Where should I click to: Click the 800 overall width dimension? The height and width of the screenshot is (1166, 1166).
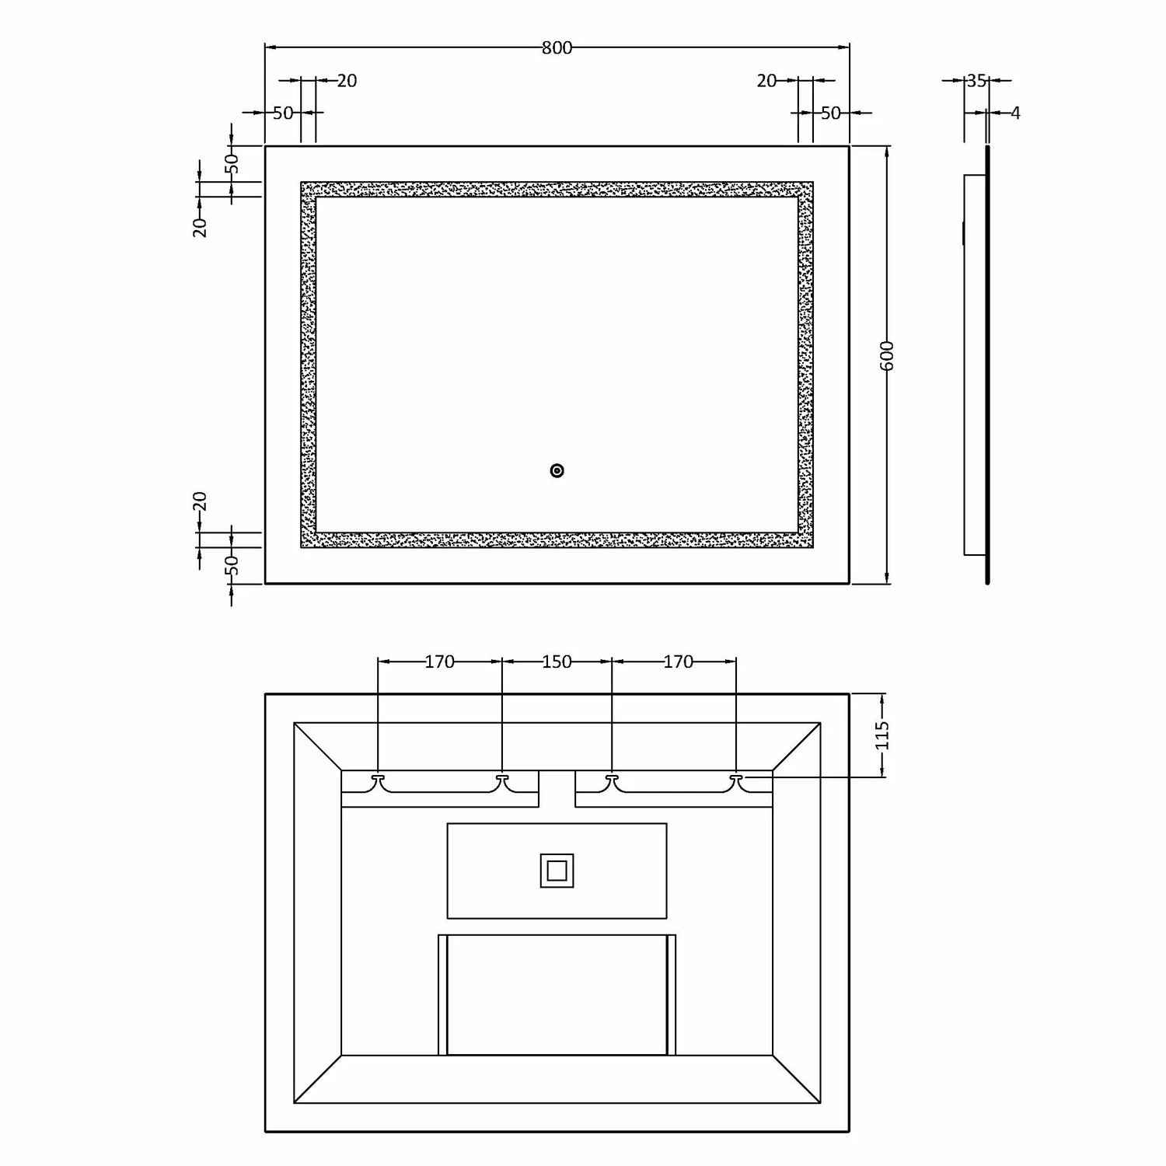tap(557, 48)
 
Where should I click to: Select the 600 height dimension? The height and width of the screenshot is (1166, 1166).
tap(888, 356)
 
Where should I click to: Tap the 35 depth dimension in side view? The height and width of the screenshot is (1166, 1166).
tap(976, 80)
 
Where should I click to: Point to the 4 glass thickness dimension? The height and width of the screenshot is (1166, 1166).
tap(1014, 113)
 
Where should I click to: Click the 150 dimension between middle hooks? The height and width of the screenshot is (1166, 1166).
tap(557, 662)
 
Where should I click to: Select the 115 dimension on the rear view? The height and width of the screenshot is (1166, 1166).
tap(881, 735)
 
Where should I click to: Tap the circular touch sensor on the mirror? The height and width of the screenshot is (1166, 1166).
tap(557, 470)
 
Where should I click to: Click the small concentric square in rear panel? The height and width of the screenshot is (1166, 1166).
tap(557, 871)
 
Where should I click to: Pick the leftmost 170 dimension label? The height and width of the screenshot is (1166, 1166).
tap(439, 662)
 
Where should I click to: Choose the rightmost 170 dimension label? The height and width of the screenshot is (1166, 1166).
tap(678, 662)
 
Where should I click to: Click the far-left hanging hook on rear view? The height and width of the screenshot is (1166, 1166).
tap(379, 778)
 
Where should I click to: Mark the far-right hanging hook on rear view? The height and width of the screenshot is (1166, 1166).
tap(736, 778)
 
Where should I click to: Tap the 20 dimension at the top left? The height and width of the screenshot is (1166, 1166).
tap(347, 81)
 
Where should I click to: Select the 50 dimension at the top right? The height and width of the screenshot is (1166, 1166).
tap(830, 113)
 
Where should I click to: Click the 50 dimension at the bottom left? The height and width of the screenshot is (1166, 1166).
tap(232, 565)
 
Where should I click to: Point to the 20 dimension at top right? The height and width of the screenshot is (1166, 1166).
tap(766, 81)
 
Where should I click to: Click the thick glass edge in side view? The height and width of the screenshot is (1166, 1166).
tap(987, 365)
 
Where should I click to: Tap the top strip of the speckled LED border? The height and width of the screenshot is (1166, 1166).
tap(557, 190)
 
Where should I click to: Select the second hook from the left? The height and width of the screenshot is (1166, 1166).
tap(502, 778)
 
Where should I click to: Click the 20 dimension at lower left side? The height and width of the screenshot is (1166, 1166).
tap(201, 502)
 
